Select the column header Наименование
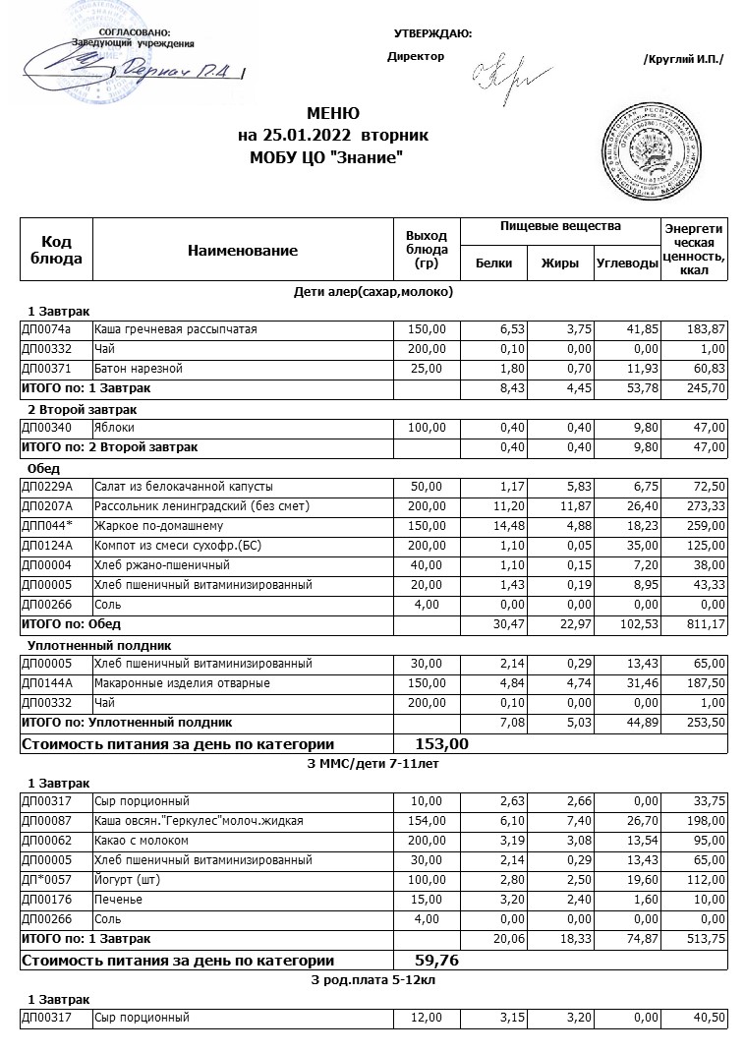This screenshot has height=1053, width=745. (242, 251)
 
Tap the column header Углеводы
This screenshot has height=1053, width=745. (627, 263)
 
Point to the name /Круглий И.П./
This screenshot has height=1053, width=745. (683, 60)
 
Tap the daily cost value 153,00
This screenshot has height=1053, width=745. (442, 744)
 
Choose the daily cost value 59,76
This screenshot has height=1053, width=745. (438, 960)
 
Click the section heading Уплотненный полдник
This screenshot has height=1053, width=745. (100, 645)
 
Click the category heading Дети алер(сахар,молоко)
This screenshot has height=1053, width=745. (373, 291)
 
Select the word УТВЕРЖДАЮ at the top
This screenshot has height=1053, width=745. (432, 34)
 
